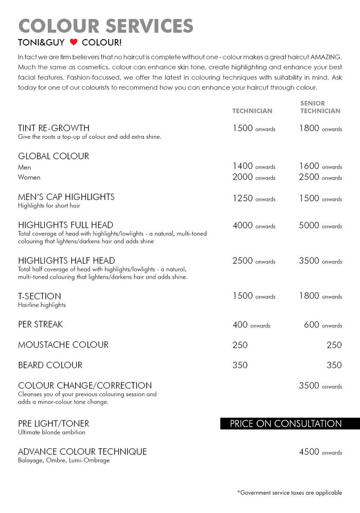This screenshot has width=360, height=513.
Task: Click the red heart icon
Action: [x=74, y=42]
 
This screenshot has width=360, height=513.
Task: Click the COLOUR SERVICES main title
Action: [x=105, y=25]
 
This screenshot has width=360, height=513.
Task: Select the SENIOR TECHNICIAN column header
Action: [x=320, y=107]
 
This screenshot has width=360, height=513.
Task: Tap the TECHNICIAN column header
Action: [x=252, y=111]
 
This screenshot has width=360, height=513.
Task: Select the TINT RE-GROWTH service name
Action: [x=53, y=128]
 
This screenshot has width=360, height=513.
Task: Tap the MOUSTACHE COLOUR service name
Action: [x=63, y=345]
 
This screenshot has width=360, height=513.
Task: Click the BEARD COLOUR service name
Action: [x=50, y=365]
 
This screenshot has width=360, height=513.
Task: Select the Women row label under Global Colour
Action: [x=29, y=177]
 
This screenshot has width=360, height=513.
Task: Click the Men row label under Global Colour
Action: [x=24, y=167]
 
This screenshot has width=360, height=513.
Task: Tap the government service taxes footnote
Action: [x=290, y=492]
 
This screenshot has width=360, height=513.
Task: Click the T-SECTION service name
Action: [x=40, y=296]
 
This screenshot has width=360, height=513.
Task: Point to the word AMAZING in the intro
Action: [x=326, y=56]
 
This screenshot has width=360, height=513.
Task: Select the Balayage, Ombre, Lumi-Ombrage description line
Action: [x=64, y=461]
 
